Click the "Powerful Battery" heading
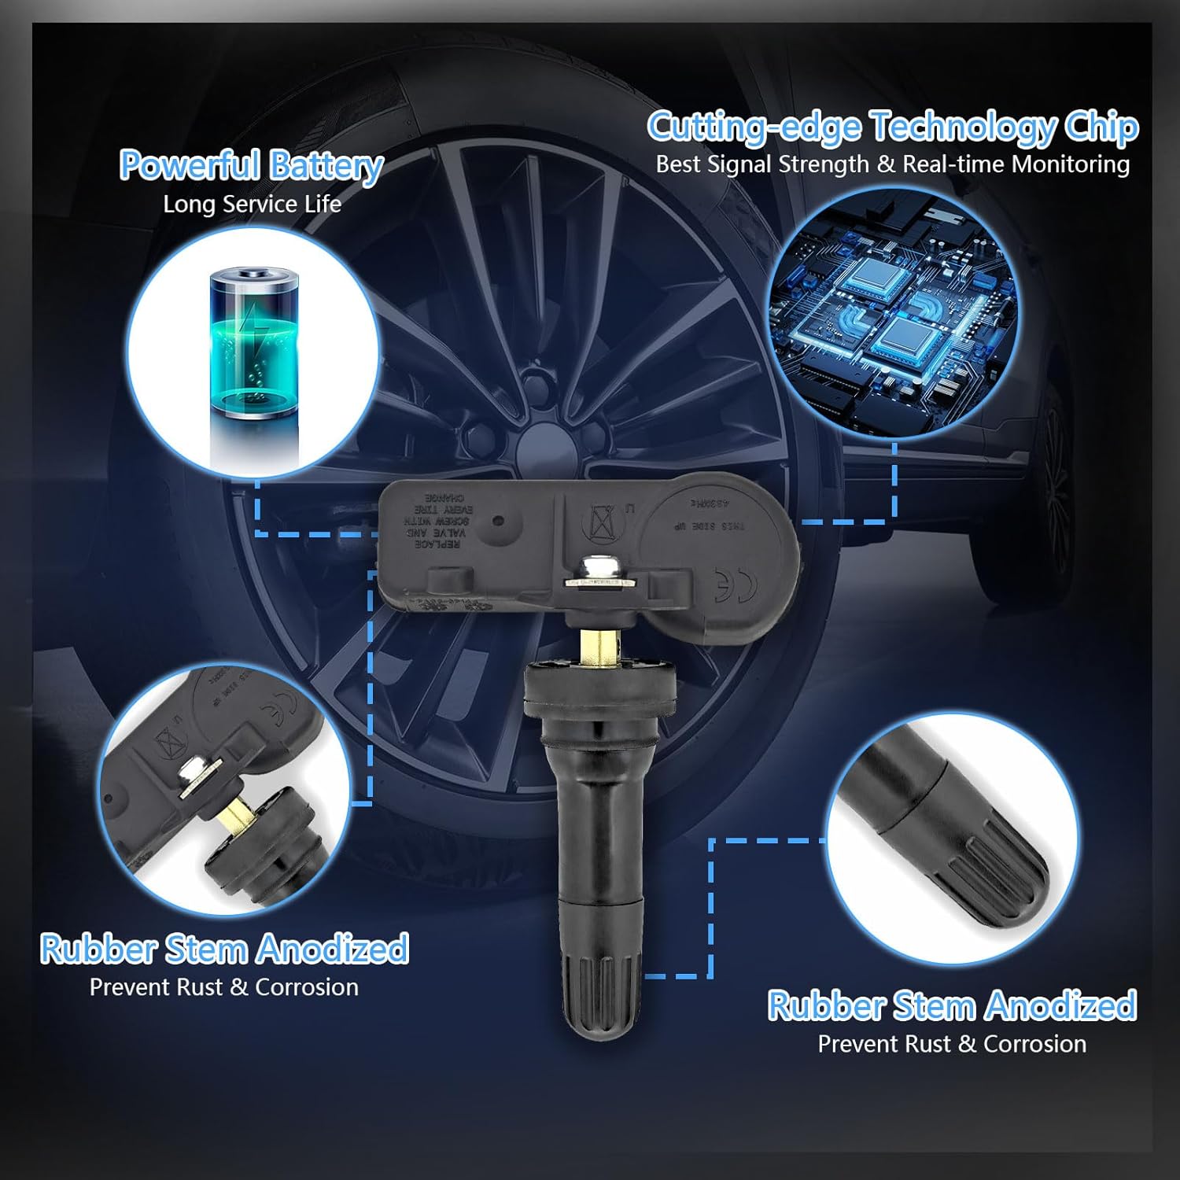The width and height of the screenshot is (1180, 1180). click(x=251, y=165)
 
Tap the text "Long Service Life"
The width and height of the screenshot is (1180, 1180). click(x=252, y=205)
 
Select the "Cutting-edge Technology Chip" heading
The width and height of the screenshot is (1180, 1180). click(x=892, y=127)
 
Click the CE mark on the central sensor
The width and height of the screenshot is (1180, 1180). click(x=736, y=584)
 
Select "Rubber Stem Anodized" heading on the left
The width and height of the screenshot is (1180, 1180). click(x=224, y=949)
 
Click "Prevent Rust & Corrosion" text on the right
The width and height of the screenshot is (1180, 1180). click(x=952, y=1044)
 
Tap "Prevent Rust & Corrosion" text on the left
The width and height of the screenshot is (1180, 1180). click(x=224, y=987)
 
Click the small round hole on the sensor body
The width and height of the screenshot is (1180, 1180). click(x=497, y=522)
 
